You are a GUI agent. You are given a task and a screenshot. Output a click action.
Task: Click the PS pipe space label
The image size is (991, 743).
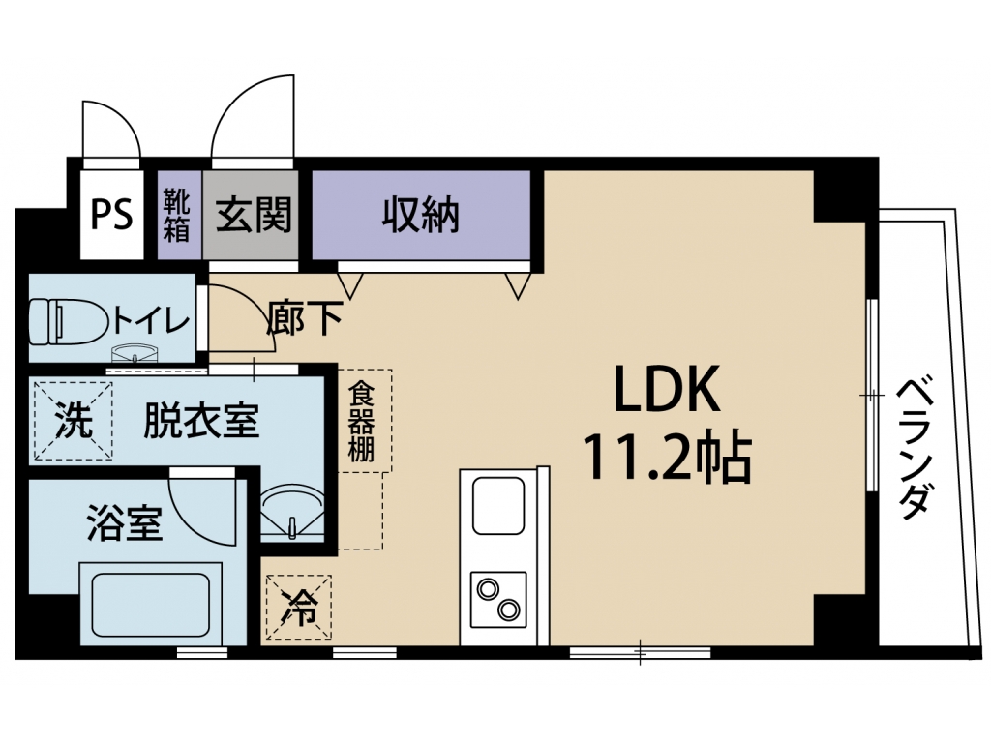tap(112, 215)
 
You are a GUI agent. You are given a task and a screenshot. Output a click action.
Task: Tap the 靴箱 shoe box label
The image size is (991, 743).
tap(176, 215)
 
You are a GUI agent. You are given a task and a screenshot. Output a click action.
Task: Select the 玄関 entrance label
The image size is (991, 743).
tap(254, 215)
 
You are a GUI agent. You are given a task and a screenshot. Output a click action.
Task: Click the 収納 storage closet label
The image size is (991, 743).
tap(420, 215)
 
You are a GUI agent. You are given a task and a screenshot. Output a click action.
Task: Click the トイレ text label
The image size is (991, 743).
tap(150, 322)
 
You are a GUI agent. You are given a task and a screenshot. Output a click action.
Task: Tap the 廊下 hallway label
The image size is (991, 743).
tap(305, 317)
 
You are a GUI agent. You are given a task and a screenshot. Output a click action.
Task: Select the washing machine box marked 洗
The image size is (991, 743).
tap(73, 421)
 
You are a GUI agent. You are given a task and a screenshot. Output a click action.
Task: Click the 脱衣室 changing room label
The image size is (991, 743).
tap(201, 421)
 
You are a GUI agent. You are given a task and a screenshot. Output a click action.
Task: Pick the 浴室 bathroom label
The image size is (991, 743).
tap(125, 523)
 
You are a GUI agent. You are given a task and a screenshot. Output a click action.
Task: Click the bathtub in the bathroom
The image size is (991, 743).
tap(150, 604)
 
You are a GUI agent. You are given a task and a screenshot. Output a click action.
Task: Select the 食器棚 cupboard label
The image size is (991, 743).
tap(362, 421)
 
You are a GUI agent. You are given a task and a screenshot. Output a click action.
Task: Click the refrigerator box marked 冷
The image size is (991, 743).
tap(299, 608)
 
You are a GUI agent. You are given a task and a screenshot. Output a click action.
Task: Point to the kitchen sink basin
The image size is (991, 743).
tap(498, 506)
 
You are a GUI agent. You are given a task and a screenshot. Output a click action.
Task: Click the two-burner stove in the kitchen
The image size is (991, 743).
tap(498, 600)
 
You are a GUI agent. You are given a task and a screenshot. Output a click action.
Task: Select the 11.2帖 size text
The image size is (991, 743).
tap(668, 458)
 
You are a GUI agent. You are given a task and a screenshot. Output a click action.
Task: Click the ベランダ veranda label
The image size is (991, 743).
tap(916, 449)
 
